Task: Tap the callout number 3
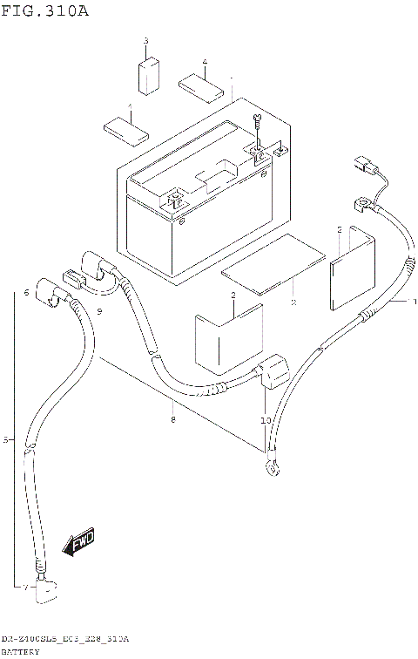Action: [x=145, y=42]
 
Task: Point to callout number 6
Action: [x=27, y=293]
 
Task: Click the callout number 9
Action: [x=100, y=311]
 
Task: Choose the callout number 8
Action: [x=173, y=421]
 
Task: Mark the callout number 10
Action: [x=266, y=421]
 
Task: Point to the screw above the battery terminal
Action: [x=258, y=121]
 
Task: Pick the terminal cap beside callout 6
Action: [x=52, y=299]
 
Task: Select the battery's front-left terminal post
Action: [x=174, y=200]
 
